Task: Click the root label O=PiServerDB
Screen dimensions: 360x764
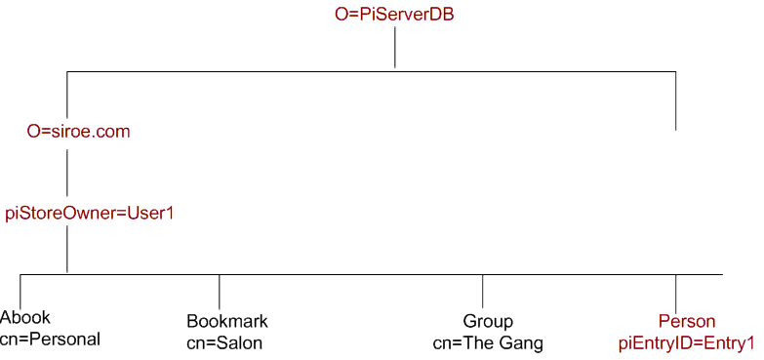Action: point(394,15)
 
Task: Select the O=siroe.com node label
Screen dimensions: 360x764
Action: point(78,132)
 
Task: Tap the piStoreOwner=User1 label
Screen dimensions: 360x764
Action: point(89,212)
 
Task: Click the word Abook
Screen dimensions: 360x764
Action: point(25,317)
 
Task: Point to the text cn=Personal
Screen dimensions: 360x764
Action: point(51,339)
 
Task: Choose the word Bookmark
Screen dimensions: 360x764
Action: point(226,321)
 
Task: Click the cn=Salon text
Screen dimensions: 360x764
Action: point(224,342)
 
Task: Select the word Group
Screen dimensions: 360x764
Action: point(488,321)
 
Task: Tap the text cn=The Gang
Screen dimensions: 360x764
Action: point(488,342)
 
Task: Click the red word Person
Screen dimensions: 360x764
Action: point(687,321)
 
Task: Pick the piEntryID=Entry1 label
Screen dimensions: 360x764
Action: point(687,342)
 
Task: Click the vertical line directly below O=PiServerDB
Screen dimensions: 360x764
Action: point(394,48)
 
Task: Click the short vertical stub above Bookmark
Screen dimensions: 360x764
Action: point(220,290)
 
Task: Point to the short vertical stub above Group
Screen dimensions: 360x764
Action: point(483,290)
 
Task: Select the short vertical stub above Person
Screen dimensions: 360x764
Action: point(675,290)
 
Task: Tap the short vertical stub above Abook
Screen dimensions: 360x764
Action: point(20,290)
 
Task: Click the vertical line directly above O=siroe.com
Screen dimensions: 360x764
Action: point(66,95)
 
